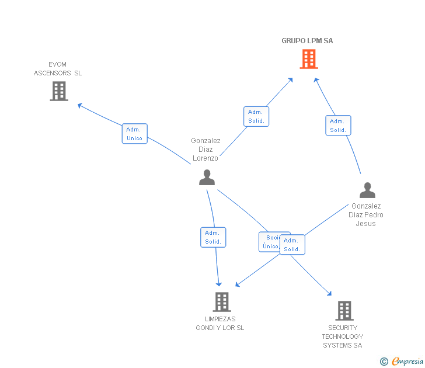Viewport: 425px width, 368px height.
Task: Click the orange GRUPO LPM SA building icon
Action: (309, 59)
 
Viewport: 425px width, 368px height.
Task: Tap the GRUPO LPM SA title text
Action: (307, 41)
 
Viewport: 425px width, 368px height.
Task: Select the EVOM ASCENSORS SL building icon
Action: (59, 91)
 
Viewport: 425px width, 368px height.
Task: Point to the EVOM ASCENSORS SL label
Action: (58, 69)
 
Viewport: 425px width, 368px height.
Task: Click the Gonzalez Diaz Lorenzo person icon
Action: (207, 177)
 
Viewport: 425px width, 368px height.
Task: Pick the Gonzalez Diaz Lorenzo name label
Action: (205, 150)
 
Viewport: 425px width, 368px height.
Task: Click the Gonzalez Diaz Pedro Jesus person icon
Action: (367, 190)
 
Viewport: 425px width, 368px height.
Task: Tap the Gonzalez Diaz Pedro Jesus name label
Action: (366, 215)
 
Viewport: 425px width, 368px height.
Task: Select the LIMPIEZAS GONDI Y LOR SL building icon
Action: (221, 302)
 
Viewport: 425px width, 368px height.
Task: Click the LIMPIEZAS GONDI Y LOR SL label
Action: (220, 324)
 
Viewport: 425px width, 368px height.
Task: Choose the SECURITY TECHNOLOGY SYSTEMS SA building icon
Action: (344, 311)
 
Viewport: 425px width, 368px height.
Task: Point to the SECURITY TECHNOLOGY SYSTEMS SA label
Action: (343, 336)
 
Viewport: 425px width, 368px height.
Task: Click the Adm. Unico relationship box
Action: (134, 134)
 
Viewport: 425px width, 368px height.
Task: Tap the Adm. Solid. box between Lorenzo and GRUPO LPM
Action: (256, 116)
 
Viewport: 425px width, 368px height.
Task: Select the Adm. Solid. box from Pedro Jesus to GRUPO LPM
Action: (338, 126)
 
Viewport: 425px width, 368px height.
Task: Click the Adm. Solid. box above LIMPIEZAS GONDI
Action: (213, 237)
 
